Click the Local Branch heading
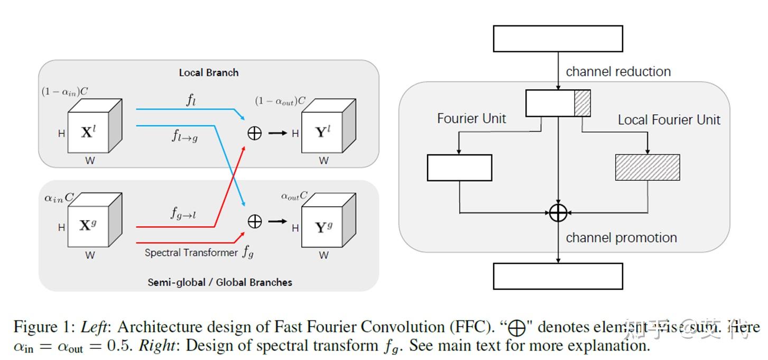[x=208, y=72]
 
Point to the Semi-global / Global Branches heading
[x=219, y=282]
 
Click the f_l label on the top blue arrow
[x=191, y=100]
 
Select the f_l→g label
[x=184, y=137]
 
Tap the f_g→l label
[x=183, y=213]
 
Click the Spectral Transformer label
[x=191, y=253]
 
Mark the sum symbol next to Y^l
[x=255, y=133]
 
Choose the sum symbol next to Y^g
[x=255, y=221]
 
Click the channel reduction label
[x=618, y=71]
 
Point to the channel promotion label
[x=621, y=238]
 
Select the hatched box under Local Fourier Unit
[x=647, y=168]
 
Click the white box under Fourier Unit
[x=459, y=168]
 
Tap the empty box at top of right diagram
[x=558, y=39]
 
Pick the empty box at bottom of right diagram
[x=558, y=276]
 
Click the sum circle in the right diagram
[x=558, y=213]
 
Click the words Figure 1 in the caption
[x=44, y=327]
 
